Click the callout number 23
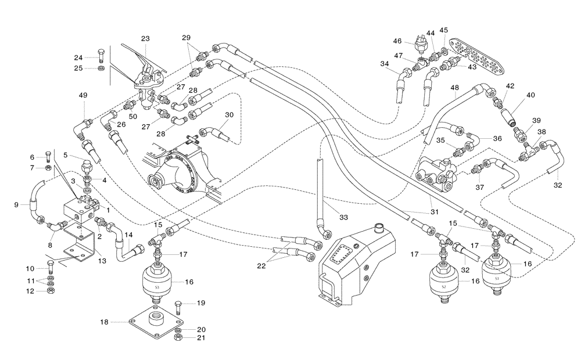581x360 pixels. pos(145,39)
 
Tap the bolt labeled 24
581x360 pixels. pos(101,56)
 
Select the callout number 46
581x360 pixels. pos(397,41)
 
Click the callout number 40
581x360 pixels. pos(531,95)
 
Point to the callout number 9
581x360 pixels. pos(16,204)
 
